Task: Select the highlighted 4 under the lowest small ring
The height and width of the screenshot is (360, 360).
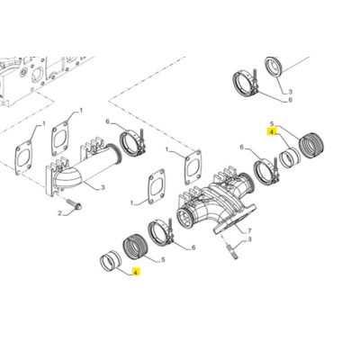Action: pyautogui.click(x=135, y=271)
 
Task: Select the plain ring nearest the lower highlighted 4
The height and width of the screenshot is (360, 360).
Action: pyautogui.click(x=111, y=262)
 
